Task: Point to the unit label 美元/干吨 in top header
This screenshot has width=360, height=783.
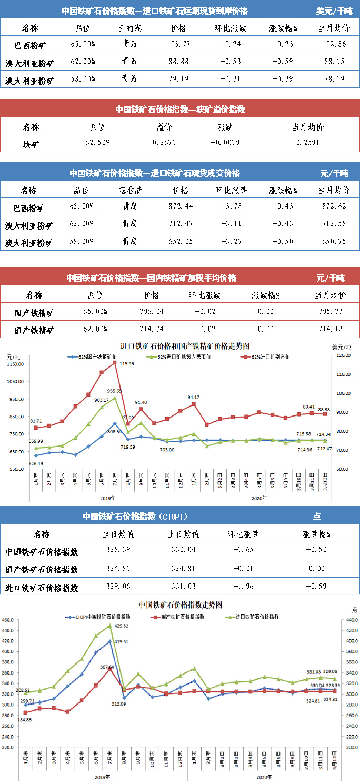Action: pos(334,11)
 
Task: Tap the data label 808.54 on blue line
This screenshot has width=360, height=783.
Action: pos(115,432)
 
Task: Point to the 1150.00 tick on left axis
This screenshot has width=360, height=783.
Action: pos(16,364)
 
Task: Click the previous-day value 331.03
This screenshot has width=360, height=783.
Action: pos(187,587)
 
